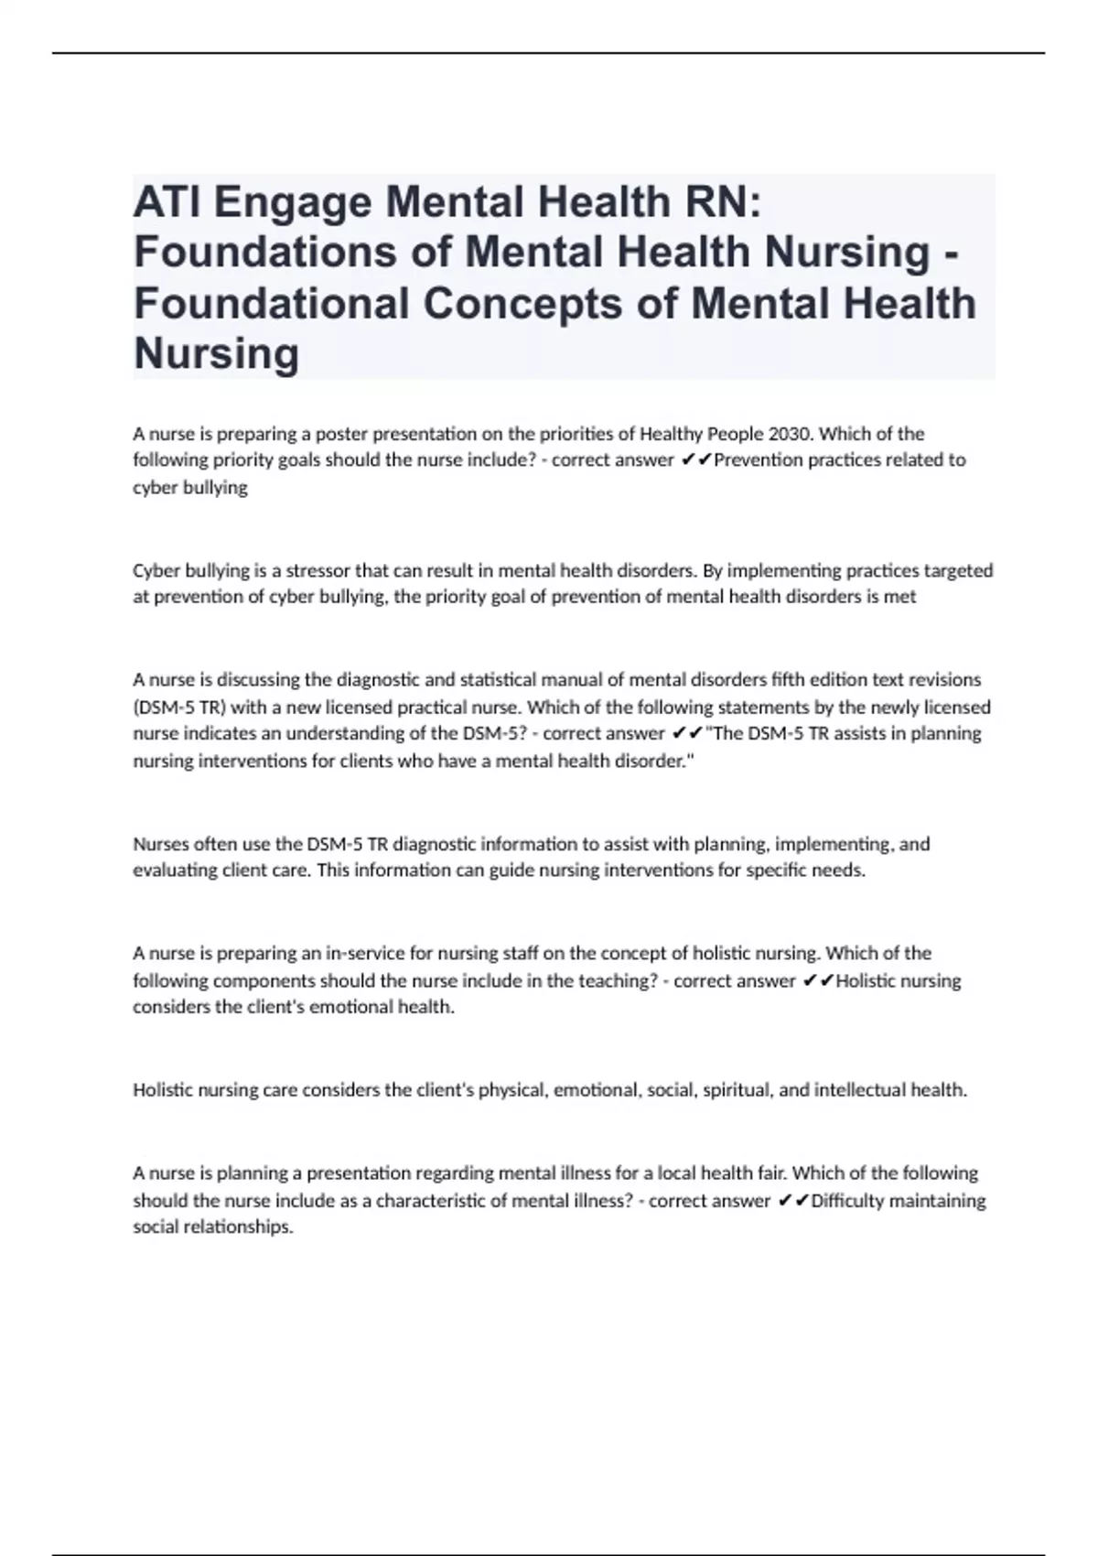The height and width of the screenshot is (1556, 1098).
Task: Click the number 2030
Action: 806,433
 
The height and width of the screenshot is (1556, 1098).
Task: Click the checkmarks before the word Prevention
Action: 695,459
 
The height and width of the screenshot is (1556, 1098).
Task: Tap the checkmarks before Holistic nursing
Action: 817,980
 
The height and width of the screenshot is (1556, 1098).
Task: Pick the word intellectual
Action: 856,1089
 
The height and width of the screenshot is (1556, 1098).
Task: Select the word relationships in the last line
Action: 239,1226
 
